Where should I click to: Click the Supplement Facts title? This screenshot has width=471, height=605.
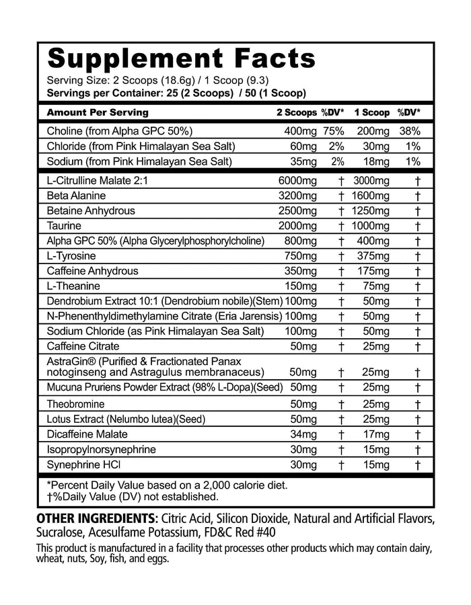[x=182, y=59]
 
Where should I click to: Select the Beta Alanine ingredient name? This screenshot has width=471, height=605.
[x=76, y=196]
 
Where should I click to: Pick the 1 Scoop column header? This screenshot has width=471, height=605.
[x=371, y=112]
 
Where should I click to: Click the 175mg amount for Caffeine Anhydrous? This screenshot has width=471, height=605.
[x=372, y=271]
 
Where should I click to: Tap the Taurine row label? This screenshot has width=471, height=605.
[x=65, y=226]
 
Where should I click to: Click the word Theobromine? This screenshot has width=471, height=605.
[x=75, y=404]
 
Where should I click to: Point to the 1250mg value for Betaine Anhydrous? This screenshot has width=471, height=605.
[x=370, y=210]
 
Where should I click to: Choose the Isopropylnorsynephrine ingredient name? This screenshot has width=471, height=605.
[x=101, y=449]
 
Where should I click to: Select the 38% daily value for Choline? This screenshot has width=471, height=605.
[x=410, y=131]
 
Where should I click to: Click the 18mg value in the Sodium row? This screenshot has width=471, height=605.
[x=375, y=161]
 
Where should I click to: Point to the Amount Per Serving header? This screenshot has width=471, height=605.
[x=98, y=112]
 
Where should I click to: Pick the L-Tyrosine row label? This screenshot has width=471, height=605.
[x=71, y=256]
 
